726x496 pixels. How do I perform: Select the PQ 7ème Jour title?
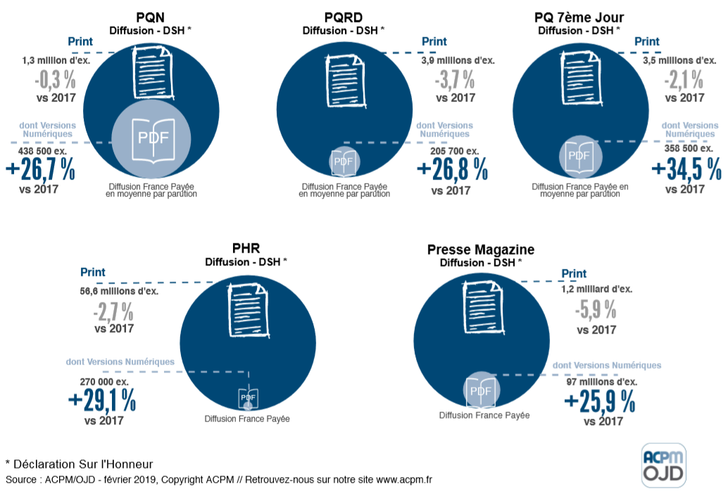click(x=579, y=17)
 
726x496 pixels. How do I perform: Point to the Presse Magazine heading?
click(x=480, y=250)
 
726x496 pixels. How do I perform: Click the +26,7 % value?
click(x=40, y=170)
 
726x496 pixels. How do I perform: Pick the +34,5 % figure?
click(x=687, y=170)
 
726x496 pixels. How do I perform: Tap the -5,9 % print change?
click(x=596, y=309)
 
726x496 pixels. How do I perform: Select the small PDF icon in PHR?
click(x=248, y=399)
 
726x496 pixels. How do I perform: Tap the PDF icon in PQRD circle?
click(x=343, y=162)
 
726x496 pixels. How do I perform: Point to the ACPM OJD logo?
click(x=663, y=465)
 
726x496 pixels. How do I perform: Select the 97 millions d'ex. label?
click(x=602, y=381)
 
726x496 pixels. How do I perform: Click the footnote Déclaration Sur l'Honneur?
click(x=79, y=464)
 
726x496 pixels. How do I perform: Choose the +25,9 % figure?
click(x=599, y=402)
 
